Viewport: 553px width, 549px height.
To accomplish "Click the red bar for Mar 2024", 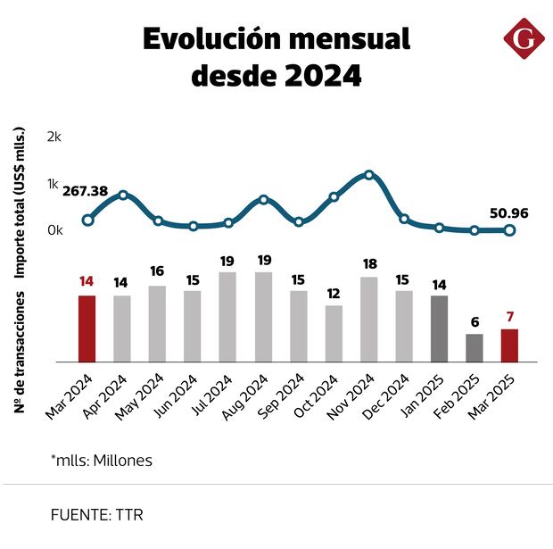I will [87, 328].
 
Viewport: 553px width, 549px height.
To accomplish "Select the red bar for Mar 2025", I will [509, 345].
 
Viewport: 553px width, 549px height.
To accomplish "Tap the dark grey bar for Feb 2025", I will [475, 347].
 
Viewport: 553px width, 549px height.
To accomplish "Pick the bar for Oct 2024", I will [334, 333].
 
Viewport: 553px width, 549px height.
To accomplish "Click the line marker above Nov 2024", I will [369, 175].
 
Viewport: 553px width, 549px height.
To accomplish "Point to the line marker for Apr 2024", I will [122, 195].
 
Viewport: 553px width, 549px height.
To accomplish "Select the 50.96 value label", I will [508, 213].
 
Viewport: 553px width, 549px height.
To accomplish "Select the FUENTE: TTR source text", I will [97, 515].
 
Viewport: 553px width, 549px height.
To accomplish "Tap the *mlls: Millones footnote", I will [102, 461].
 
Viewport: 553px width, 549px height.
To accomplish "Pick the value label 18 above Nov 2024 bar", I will [369, 264].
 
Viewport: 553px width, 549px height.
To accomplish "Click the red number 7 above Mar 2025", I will [510, 317].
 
